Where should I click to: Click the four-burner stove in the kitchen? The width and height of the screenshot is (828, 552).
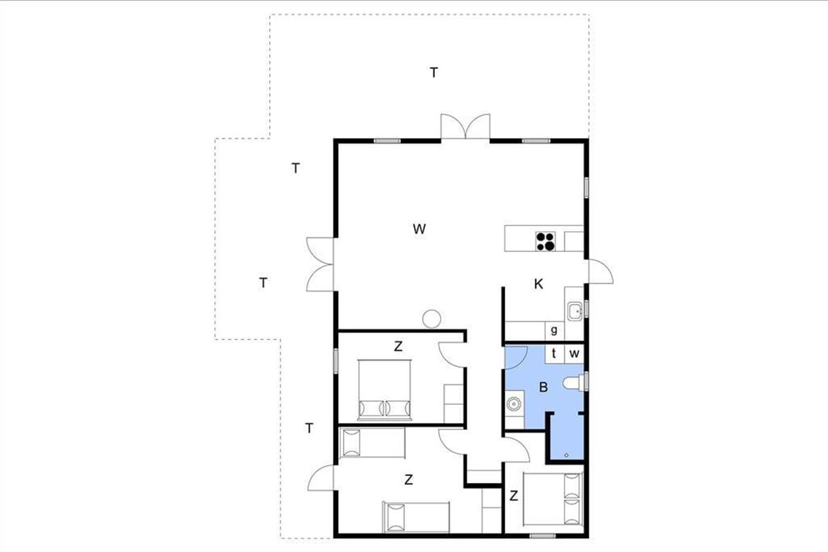[x=546, y=241]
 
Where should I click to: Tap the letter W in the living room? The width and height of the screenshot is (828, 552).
[x=420, y=229]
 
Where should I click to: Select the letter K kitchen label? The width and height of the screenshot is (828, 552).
[x=539, y=284]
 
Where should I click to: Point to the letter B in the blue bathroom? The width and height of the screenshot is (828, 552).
[x=544, y=387]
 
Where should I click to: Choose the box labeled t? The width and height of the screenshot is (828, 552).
[x=555, y=353]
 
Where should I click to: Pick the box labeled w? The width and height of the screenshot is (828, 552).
[x=574, y=353]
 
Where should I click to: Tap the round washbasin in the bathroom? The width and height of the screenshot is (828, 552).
[x=513, y=404]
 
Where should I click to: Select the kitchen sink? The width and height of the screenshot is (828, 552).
[x=575, y=310]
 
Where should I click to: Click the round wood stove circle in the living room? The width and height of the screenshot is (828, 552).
[x=432, y=319]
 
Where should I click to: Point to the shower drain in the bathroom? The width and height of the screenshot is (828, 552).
[x=566, y=455]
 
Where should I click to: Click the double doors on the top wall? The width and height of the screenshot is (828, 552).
[x=465, y=126]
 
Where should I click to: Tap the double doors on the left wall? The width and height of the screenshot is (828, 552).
[x=320, y=264]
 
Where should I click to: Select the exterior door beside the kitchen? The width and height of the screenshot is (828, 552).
[x=601, y=271]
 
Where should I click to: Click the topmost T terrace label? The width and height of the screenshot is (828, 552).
[x=434, y=72]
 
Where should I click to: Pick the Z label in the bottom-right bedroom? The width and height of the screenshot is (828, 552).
[x=514, y=496]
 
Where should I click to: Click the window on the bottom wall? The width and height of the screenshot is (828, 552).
[x=542, y=535]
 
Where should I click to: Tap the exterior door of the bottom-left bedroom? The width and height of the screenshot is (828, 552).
[x=320, y=477]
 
